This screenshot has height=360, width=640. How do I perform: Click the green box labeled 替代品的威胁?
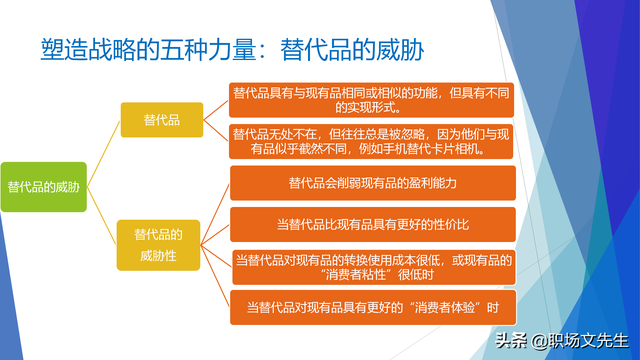tap(43, 187)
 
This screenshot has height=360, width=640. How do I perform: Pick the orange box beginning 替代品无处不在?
tap(372, 141)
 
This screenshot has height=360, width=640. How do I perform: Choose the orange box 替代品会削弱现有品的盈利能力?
tap(372, 183)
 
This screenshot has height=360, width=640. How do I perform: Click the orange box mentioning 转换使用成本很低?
tap(372, 267)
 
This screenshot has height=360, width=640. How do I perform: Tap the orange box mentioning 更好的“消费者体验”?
tap(372, 307)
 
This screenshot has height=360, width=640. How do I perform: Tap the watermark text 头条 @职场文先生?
tap(560, 340)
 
